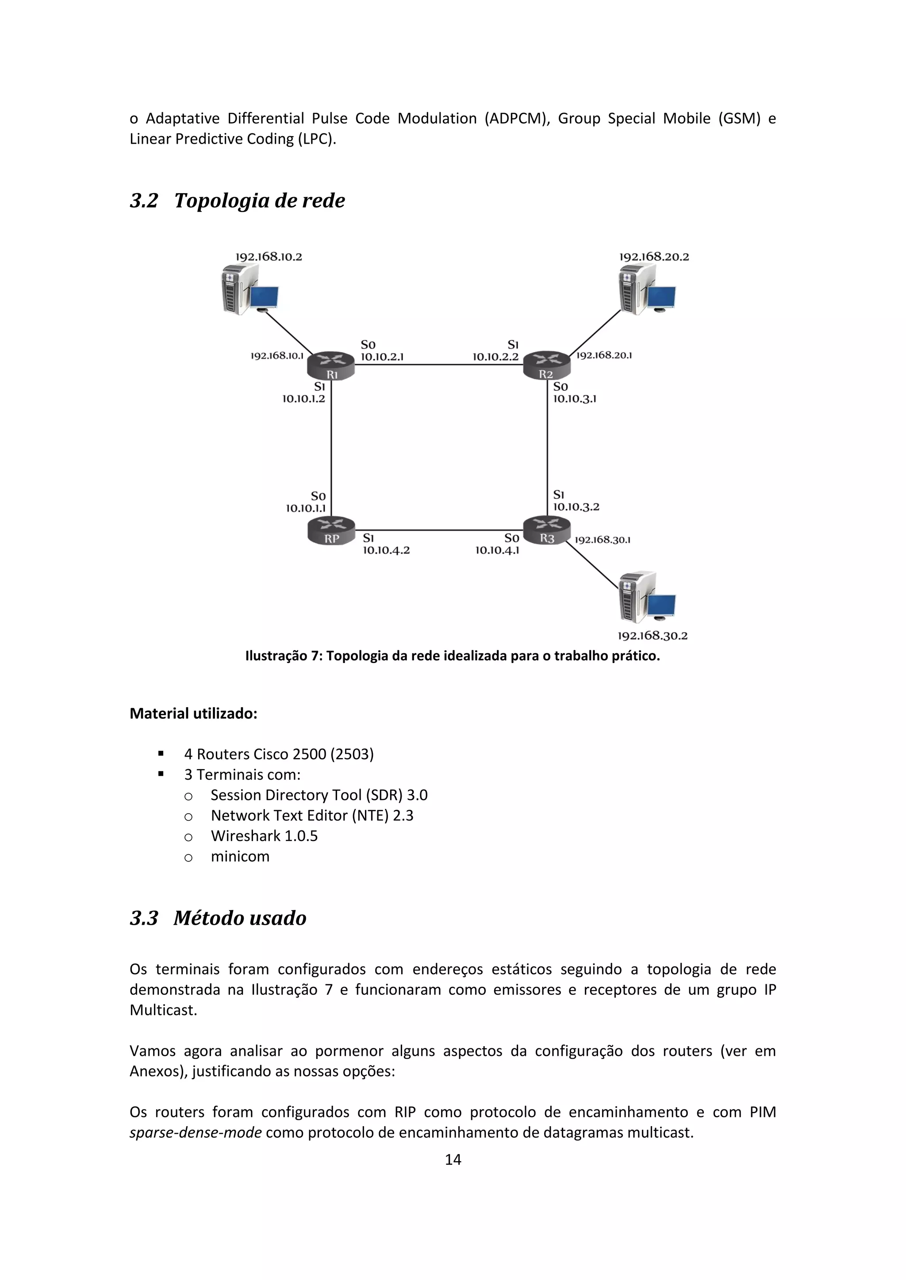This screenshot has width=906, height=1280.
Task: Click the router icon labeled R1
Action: tap(331, 365)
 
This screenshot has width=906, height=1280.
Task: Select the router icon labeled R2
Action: tap(547, 365)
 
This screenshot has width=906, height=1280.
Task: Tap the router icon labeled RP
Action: tap(331, 530)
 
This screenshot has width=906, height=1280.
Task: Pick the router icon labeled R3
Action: tap(547, 530)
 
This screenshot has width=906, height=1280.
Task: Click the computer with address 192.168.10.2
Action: tap(249, 290)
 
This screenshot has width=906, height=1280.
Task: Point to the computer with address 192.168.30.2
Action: tap(647, 598)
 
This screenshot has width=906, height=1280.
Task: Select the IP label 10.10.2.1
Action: tap(382, 357)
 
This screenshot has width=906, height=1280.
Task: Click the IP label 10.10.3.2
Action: tap(576, 507)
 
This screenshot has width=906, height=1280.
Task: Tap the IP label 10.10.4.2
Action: tap(386, 550)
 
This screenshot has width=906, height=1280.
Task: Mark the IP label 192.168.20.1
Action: tap(603, 355)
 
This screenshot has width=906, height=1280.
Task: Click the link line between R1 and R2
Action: tap(438, 365)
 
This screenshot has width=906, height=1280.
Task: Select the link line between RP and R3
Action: tap(438, 530)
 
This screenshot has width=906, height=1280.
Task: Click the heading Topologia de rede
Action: tap(259, 201)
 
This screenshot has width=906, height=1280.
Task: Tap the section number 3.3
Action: tap(144, 918)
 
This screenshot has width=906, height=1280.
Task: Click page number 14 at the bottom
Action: tap(453, 1160)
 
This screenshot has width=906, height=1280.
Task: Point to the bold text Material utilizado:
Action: tap(193, 713)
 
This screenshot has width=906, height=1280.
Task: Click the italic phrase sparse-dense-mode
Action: tap(195, 1133)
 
